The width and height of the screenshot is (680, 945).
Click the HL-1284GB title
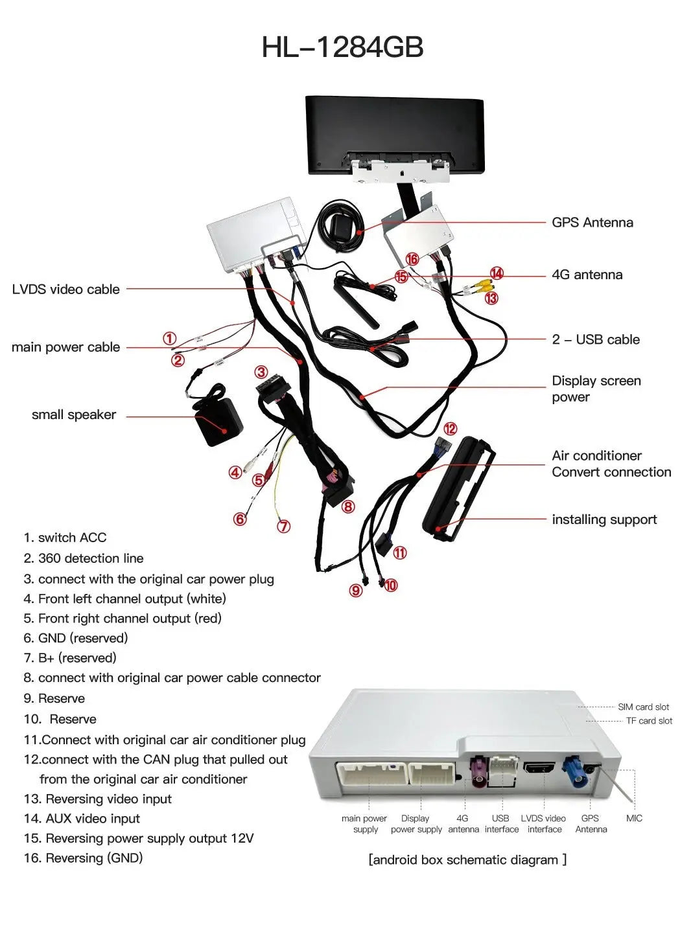click(x=342, y=47)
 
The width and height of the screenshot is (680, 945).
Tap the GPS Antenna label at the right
click(x=592, y=223)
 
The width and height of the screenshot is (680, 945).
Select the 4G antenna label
click(x=587, y=275)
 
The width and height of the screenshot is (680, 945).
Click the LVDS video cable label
click(x=65, y=290)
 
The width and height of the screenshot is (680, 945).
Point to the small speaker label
click(x=74, y=415)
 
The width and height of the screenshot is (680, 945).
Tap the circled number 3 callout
click(x=261, y=372)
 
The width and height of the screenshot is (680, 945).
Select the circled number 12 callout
click(x=450, y=429)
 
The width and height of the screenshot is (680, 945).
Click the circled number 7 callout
click(x=283, y=527)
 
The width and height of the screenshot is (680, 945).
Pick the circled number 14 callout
click(x=497, y=273)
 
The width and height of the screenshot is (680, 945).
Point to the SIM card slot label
click(x=643, y=707)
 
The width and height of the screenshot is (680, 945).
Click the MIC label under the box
click(x=634, y=818)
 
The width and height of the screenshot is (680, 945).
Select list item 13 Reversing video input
click(x=98, y=799)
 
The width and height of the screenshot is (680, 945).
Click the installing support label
click(x=604, y=519)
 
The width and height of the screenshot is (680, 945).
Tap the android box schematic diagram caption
click(x=467, y=860)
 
